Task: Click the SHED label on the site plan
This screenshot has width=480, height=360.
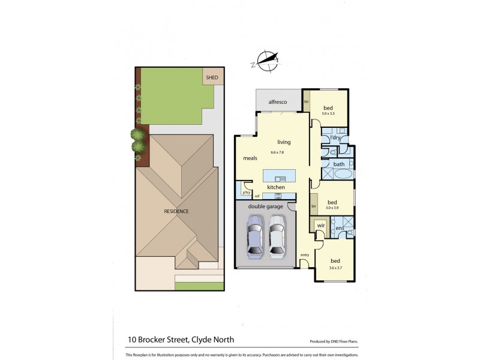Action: coord(212,77)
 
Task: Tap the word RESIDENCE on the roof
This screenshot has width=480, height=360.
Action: coord(176,211)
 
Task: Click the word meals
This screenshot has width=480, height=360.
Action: coord(250,159)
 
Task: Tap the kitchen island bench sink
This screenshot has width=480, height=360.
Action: coord(279,179)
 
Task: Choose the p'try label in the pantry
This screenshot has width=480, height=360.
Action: coord(246,192)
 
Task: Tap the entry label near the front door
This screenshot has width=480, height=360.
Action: coord(305,255)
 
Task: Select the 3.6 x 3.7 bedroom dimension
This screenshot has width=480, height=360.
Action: coord(335,267)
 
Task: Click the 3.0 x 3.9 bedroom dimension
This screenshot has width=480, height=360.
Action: coord(331,207)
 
